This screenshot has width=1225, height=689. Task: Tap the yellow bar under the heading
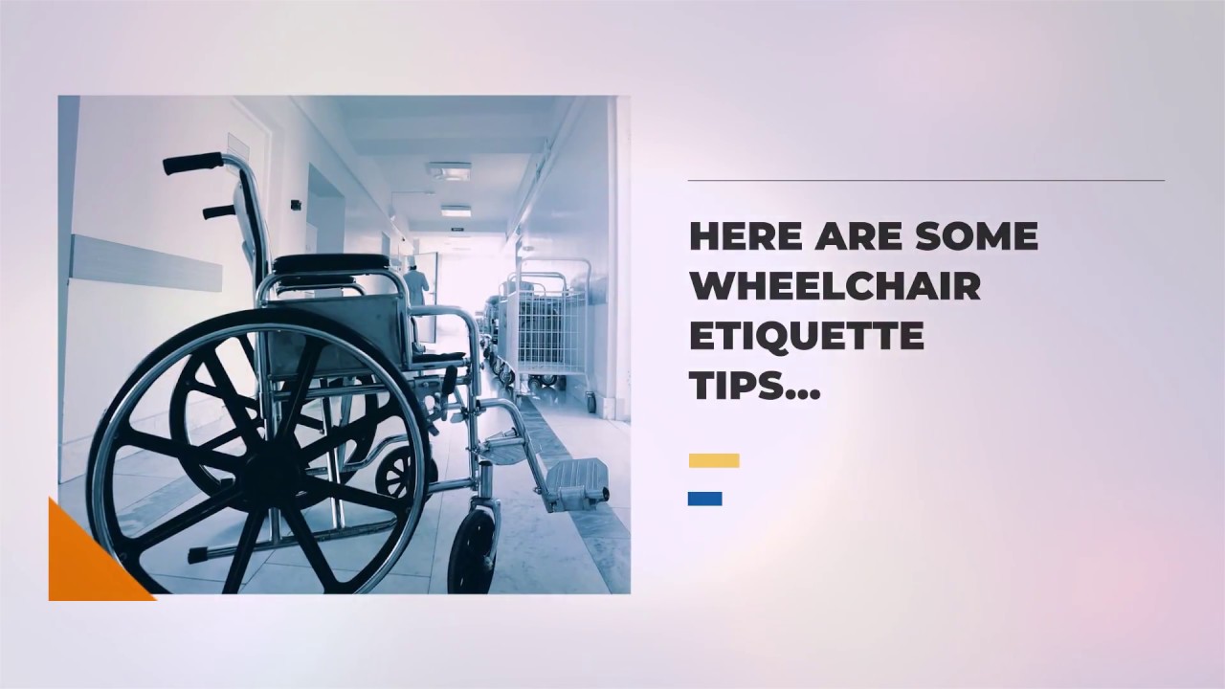714,460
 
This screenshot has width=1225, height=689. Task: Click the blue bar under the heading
704,499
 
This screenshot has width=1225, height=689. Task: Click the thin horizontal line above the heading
925,180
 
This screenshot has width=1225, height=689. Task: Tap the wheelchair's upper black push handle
192,163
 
